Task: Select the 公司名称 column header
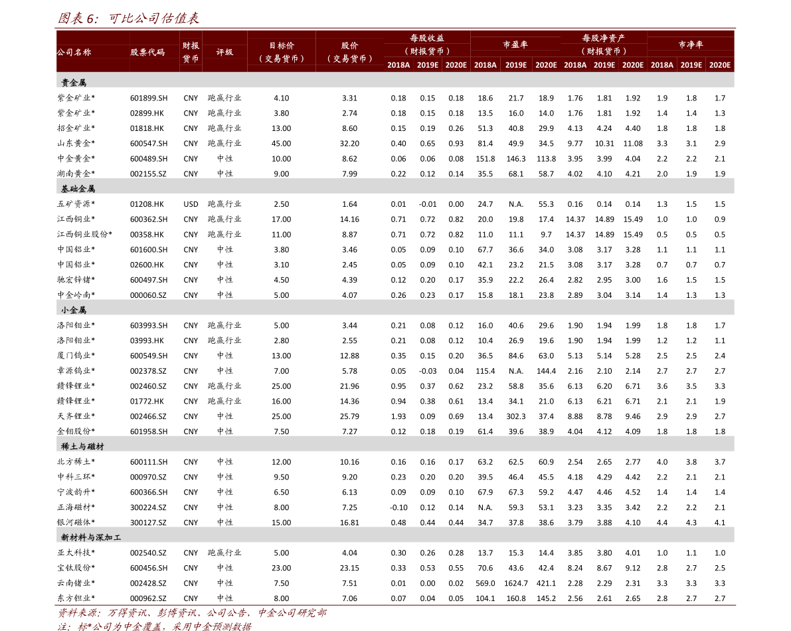tap(74, 53)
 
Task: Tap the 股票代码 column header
tap(147, 53)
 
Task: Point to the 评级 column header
tap(224, 53)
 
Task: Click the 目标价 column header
tap(281, 46)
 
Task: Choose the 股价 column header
tap(349, 46)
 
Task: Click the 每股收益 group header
tap(427, 39)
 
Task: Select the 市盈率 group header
tap(515, 45)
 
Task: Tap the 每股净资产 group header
tap(603, 39)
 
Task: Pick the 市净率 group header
tap(690, 45)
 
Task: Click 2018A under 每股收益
tap(398, 65)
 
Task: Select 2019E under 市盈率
tap(515, 65)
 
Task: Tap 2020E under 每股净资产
tap(632, 65)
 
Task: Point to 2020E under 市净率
tap(719, 65)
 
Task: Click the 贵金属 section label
tap(74, 83)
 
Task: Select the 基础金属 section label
tap(78, 189)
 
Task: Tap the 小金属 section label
tap(74, 310)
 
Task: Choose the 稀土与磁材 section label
tap(82, 446)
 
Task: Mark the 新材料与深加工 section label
tap(91, 537)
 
